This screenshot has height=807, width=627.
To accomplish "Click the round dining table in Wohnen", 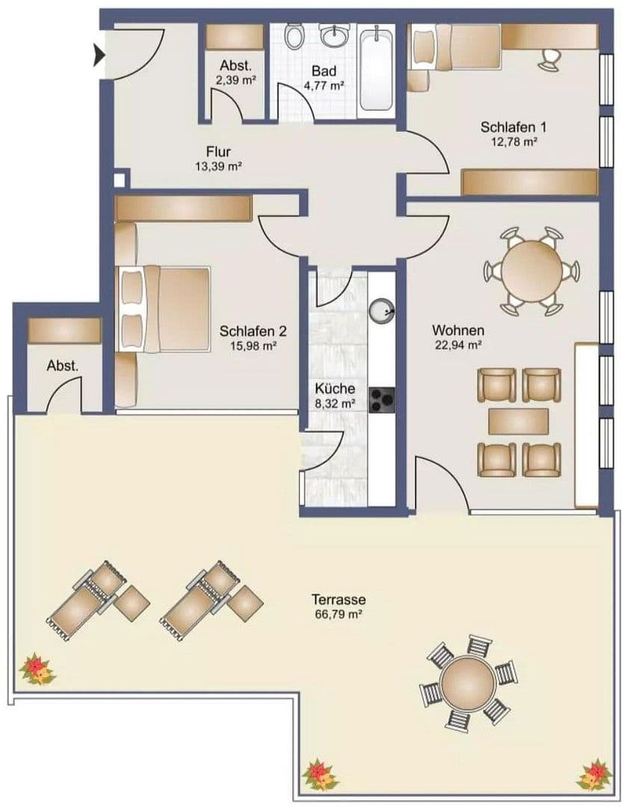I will pyautogui.click(x=532, y=270).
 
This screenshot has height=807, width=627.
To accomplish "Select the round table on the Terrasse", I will pyautogui.click(x=469, y=681).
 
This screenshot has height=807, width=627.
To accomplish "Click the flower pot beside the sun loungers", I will pyautogui.click(x=37, y=669).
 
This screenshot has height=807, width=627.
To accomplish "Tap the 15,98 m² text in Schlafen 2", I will pyautogui.click(x=253, y=345).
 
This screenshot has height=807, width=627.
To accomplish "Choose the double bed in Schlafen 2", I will pyautogui.click(x=164, y=307).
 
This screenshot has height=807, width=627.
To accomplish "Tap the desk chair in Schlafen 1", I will pyautogui.click(x=552, y=60).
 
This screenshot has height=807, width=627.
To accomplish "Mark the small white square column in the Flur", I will pyautogui.click(x=120, y=180).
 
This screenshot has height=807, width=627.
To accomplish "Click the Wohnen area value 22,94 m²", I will pyautogui.click(x=458, y=344).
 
